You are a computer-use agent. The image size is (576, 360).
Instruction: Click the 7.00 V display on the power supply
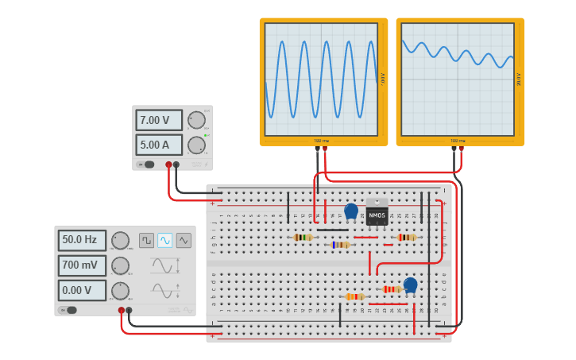coord(158,121)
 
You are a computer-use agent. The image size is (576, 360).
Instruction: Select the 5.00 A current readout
coord(158,145)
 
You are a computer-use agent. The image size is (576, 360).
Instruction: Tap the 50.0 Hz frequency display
coord(81,240)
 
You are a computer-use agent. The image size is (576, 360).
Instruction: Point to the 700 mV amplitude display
coord(81,265)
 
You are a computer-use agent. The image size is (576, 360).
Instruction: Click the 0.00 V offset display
coord(81,290)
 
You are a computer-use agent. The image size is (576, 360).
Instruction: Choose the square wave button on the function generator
coord(146,240)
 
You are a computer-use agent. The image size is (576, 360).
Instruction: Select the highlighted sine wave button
coord(165,240)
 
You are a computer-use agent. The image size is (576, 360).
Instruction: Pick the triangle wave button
coord(184,240)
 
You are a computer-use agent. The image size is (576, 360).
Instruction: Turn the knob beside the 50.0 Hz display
coord(120,240)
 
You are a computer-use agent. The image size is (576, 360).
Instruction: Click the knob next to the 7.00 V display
coord(196,120)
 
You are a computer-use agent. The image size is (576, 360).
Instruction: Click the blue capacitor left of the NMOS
coord(351,211)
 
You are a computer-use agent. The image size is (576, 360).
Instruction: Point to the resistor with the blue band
coord(340,245)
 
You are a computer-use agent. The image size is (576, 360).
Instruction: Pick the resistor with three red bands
coord(392,289)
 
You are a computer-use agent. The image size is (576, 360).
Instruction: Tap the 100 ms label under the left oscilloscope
coord(321,141)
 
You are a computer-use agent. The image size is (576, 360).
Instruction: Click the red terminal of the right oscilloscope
coord(461,148)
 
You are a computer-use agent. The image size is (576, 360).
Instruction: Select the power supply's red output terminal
coord(168,165)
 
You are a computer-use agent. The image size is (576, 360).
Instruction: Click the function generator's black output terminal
coord(129,311)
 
